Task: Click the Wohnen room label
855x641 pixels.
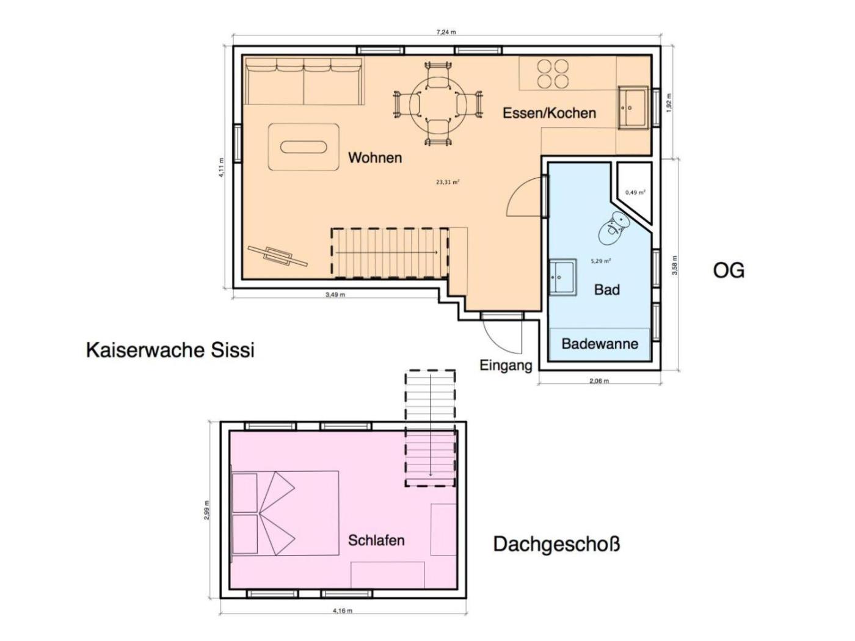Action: (375, 158)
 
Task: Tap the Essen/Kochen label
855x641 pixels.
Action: (549, 114)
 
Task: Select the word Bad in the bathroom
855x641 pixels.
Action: (607, 289)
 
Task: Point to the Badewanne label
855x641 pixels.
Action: (600, 344)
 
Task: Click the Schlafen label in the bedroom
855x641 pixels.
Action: (376, 540)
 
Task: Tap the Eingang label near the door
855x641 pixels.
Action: (506, 366)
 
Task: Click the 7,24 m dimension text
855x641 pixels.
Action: (446, 32)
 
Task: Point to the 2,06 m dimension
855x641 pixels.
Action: (598, 380)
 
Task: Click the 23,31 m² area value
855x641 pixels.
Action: (448, 182)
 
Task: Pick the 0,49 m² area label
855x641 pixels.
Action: (635, 192)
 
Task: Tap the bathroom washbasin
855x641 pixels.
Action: (563, 277)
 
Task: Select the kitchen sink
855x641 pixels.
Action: (633, 107)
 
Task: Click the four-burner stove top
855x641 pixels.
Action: (553, 73)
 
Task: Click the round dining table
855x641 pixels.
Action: (438, 104)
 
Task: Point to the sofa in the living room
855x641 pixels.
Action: (304, 81)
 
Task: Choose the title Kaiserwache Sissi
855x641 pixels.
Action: (170, 350)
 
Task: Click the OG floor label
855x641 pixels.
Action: (729, 270)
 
